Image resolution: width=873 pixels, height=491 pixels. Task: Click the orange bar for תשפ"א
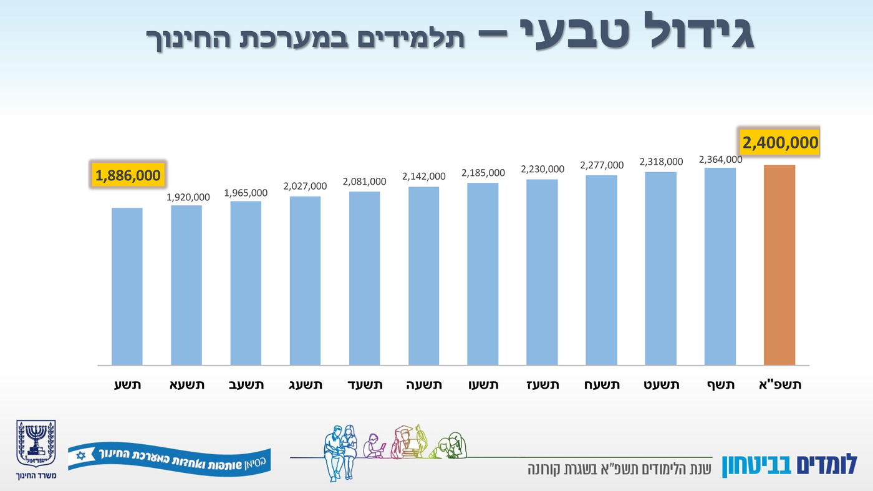(779, 265)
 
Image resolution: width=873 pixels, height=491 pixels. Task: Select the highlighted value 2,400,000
(779, 143)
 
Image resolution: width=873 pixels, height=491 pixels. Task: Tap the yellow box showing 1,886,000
(128, 175)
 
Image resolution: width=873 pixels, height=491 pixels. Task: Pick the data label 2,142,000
(424, 177)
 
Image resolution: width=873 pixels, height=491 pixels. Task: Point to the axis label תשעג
(305, 385)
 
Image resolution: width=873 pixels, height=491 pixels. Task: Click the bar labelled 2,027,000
(305, 281)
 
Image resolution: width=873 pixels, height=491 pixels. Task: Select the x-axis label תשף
(720, 385)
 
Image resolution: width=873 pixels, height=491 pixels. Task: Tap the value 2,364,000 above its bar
(720, 160)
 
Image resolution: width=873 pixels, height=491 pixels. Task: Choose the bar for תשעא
(186, 285)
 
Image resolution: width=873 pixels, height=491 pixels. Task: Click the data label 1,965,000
(246, 193)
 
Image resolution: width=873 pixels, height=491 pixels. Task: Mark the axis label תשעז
(542, 385)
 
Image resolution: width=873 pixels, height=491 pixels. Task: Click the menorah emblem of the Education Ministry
(36, 444)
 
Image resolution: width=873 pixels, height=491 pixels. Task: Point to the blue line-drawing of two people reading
(340, 452)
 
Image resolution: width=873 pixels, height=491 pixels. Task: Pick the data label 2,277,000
(602, 165)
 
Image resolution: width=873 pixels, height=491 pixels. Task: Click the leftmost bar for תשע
(127, 286)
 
